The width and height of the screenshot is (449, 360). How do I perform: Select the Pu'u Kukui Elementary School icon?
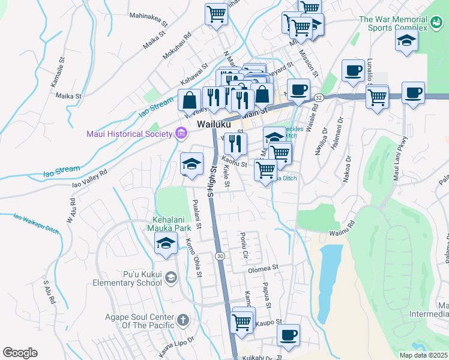(171, 277)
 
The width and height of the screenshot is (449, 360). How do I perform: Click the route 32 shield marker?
(319, 97)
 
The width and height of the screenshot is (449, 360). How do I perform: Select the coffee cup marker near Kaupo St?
(289, 334)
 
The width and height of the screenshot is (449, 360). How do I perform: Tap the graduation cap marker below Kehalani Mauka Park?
(166, 243)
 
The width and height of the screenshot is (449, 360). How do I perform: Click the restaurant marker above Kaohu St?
(235, 143)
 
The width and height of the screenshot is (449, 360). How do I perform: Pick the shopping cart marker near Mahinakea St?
(216, 13)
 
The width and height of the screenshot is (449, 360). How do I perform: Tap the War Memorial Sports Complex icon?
(436, 23)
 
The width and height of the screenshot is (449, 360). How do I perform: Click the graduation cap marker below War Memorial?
(406, 40)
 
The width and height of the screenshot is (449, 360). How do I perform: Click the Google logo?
(20, 352)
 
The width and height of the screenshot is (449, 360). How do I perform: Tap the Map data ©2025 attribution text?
(423, 355)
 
